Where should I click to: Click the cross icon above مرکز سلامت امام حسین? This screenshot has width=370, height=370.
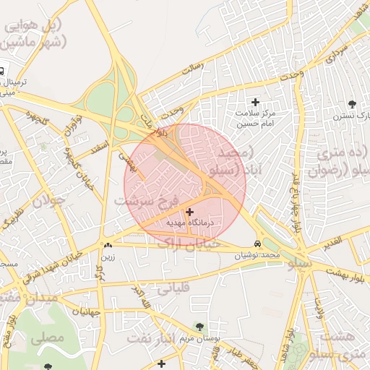click(255, 103)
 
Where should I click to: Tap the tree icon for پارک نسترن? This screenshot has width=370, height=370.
click(352, 104)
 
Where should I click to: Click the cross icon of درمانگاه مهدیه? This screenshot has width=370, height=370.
click(189, 212)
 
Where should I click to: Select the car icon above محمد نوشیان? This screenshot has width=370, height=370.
click(258, 244)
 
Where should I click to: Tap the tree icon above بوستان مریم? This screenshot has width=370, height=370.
click(199, 327)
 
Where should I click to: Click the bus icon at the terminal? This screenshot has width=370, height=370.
click(2, 72)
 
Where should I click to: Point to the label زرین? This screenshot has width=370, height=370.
click(108, 257)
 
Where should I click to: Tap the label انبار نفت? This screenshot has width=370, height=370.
click(150, 337)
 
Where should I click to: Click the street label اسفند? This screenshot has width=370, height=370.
click(99, 148)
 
